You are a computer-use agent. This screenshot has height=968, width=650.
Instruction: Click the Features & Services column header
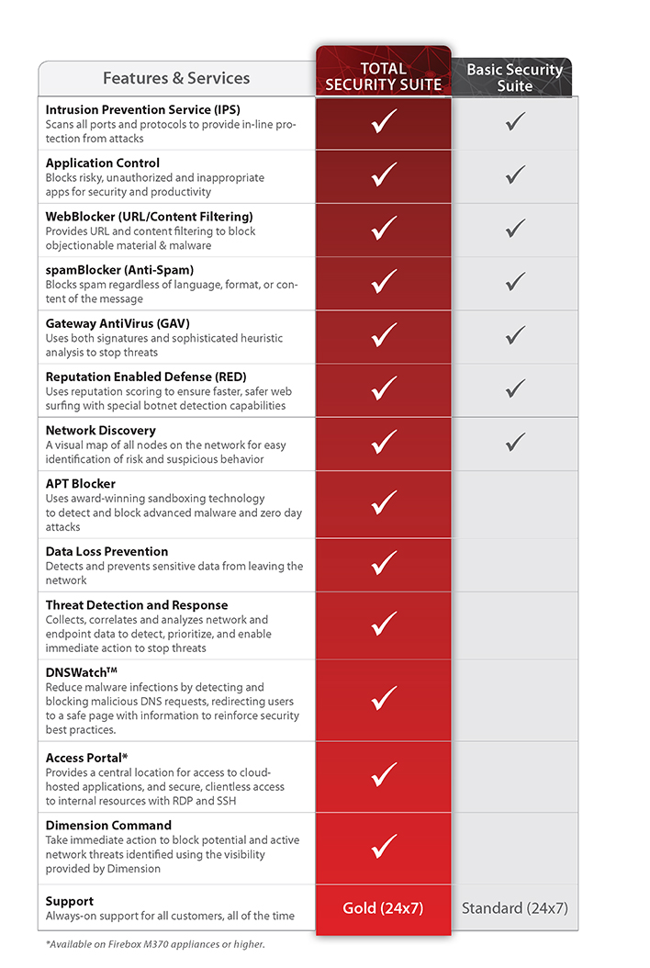[176, 78]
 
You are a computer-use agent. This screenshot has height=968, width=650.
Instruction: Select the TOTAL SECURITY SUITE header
[384, 77]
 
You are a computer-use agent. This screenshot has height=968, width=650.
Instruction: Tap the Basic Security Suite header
[514, 77]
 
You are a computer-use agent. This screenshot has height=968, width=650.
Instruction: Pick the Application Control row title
[103, 163]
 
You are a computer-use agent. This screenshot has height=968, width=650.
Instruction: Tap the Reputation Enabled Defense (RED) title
[146, 377]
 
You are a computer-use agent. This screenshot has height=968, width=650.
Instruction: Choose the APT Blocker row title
[81, 483]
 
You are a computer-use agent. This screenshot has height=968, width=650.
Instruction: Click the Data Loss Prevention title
[106, 551]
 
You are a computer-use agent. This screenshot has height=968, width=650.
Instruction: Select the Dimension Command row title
[108, 825]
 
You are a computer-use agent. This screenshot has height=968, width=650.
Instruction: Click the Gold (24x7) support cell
[383, 908]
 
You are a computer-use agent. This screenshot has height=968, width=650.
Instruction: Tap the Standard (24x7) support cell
[514, 908]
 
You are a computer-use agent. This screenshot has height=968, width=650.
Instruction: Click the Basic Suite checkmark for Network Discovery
[515, 443]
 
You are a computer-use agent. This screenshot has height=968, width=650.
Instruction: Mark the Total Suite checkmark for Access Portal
[384, 776]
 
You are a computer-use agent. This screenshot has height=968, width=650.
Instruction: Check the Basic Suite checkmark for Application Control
[515, 174]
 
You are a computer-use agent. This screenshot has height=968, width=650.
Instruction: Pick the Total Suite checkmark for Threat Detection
[384, 625]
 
